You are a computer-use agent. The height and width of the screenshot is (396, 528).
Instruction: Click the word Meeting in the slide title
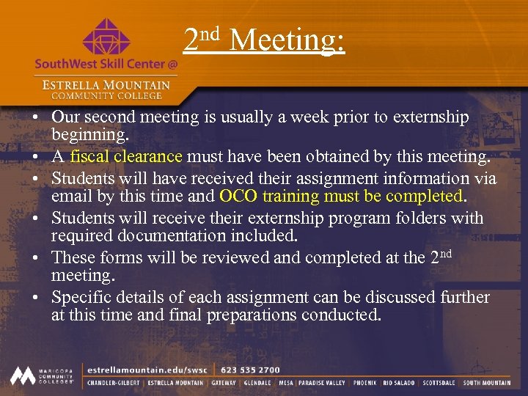287,40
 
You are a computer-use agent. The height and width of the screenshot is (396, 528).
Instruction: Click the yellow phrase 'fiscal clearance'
126,155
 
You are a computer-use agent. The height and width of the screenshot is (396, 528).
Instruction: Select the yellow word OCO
238,197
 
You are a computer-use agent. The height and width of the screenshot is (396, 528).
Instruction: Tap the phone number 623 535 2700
250,370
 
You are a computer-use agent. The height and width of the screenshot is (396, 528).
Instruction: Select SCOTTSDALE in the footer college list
438,382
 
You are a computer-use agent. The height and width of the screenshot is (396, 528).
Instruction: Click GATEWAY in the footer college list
224,382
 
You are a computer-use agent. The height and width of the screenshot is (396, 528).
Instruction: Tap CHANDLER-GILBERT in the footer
114,382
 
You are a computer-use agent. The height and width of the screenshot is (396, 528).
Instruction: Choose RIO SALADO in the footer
398,382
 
